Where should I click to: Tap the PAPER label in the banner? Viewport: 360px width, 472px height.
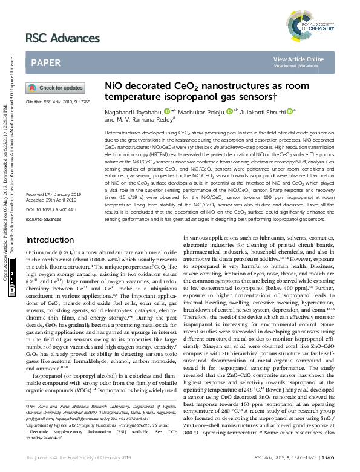pos(45,62)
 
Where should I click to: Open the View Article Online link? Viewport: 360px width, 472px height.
pos(298,59)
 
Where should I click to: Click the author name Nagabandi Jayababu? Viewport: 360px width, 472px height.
pos(133,111)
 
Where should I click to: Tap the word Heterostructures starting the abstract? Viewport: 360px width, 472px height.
pos(123,131)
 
